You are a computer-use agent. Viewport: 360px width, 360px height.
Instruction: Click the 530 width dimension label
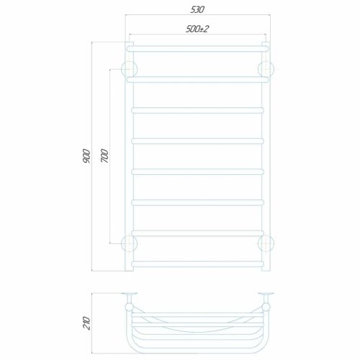click(x=197, y=9)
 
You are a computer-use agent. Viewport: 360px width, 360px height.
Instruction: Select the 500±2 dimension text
click(x=197, y=29)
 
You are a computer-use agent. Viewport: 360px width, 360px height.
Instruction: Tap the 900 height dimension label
click(x=86, y=156)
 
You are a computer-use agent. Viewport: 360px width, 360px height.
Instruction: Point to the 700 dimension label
click(x=104, y=156)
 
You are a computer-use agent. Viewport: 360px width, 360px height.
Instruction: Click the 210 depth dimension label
click(x=86, y=323)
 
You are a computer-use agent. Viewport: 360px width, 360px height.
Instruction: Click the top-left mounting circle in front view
click(x=130, y=69)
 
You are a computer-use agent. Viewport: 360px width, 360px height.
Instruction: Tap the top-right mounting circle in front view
click(x=266, y=69)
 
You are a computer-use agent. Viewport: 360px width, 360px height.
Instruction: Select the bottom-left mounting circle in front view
click(x=130, y=243)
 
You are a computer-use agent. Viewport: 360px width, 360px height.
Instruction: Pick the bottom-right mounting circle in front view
click(x=266, y=243)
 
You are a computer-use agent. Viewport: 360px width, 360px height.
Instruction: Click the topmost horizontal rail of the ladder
click(x=197, y=49)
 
